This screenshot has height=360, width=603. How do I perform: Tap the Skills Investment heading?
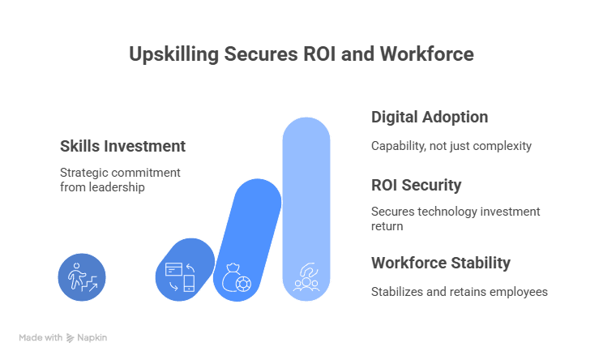(122, 147)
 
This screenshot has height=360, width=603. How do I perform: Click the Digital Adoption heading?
(430, 118)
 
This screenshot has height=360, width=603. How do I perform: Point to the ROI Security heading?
(416, 186)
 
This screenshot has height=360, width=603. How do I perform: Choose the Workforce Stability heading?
(440, 264)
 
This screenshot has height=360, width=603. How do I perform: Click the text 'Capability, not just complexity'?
(451, 147)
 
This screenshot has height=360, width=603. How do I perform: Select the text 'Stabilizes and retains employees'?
(460, 292)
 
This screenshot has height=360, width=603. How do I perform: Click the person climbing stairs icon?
(82, 277)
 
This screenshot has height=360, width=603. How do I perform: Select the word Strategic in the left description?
(83, 174)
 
